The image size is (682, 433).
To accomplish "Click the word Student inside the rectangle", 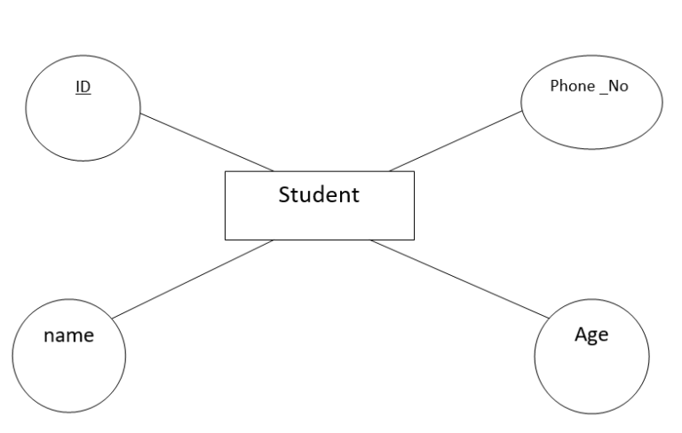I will coord(319,194).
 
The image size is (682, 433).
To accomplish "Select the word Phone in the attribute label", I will coord(571,87).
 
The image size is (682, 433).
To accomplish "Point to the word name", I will coord(67,337).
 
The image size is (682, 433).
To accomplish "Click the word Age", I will coord(591,335).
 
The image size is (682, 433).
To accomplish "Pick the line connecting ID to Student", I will coord(206,141).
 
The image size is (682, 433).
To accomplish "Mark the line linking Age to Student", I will coord(460,279).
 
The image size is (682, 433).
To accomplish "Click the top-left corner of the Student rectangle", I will coord(225,171).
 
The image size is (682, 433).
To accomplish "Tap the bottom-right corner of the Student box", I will coord(414,240).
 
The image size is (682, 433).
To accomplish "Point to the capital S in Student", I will coord(284,194).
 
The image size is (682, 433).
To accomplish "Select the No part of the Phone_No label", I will coord(618,87).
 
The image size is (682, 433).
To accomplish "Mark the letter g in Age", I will coord(593,338).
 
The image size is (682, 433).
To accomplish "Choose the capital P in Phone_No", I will coord(555,87).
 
